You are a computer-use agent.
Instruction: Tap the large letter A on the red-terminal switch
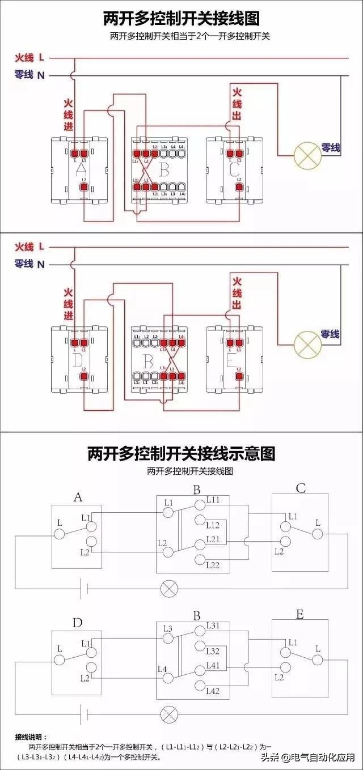click(81, 169)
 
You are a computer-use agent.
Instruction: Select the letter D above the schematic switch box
click(77, 623)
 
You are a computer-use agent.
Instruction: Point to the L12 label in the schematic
click(213, 525)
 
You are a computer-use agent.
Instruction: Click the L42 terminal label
click(213, 691)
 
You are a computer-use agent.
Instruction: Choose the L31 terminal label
click(213, 626)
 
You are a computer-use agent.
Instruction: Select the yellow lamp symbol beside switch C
click(306, 154)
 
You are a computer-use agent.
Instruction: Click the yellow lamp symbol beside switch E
click(306, 341)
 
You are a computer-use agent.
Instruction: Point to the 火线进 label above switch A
click(68, 115)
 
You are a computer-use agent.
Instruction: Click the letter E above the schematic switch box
click(299, 615)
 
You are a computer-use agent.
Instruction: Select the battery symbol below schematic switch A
click(82, 588)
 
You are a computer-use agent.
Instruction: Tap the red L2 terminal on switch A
click(84, 186)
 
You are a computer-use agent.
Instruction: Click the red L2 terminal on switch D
click(84, 375)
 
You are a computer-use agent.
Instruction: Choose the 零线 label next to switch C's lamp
click(330, 148)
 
